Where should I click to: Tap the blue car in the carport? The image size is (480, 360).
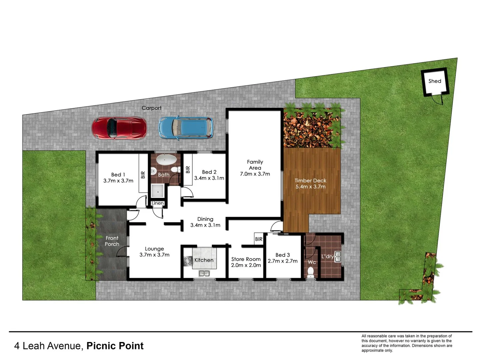click(x=186, y=127)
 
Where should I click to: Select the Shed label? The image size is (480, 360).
click(x=435, y=81)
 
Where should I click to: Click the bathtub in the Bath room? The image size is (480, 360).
click(x=166, y=160)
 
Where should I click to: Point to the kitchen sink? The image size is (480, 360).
click(x=204, y=274)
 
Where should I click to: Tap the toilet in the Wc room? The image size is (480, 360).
click(x=311, y=272)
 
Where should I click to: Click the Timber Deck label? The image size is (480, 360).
click(x=310, y=180)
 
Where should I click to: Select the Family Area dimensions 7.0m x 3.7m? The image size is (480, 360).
click(x=255, y=174)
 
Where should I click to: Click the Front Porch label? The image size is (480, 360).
click(x=112, y=241)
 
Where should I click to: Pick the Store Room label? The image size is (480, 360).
click(x=246, y=259)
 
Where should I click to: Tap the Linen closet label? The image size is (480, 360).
click(x=158, y=203)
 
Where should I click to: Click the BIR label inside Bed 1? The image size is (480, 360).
click(x=143, y=175)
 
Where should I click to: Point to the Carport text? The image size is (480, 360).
click(x=151, y=108)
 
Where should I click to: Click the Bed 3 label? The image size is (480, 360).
click(x=282, y=255)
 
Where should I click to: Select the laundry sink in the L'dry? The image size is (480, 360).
click(x=338, y=256)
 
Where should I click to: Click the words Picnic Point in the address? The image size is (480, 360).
click(x=115, y=346)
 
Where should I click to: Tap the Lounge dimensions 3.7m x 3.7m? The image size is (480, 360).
click(x=154, y=255)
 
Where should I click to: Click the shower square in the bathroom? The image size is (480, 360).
click(x=157, y=191)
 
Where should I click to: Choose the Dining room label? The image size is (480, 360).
click(x=205, y=219)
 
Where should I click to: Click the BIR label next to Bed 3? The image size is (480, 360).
click(x=259, y=239)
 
